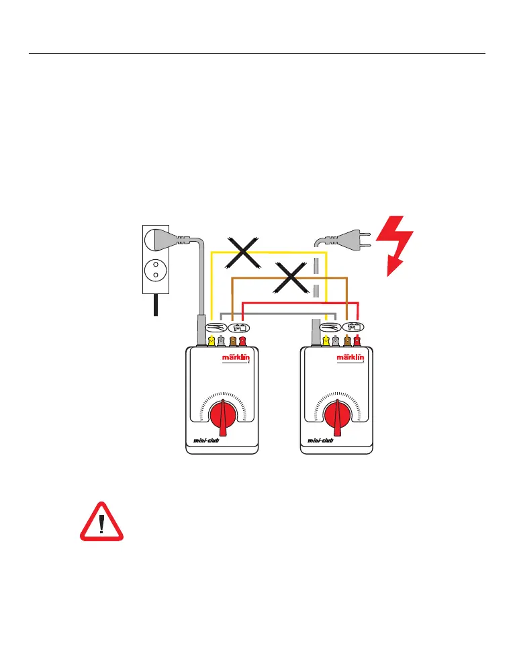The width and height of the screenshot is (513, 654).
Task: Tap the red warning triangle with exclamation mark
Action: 101,522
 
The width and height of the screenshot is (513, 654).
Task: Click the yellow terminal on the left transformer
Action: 212,341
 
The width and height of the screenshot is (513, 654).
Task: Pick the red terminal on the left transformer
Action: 242,341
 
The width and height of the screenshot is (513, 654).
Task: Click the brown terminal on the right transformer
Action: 347,341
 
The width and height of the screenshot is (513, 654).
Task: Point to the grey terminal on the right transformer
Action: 335,341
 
